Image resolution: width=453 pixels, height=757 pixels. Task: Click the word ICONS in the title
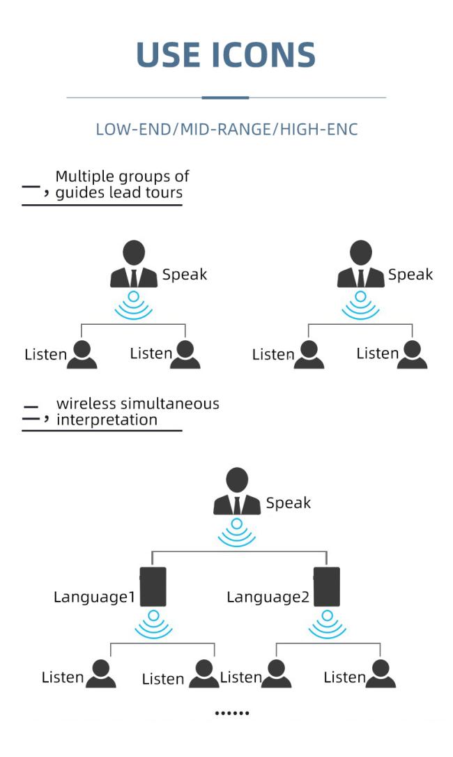pos(263,54)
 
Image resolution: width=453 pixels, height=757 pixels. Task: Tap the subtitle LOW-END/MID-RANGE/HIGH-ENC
pos(227,130)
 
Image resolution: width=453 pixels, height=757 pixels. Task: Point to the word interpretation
pos(107,420)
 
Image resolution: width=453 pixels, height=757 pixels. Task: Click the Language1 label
pos(94,597)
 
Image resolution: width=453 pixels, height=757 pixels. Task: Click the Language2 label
pos(268,597)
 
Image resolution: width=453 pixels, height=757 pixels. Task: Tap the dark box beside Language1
pos(153,587)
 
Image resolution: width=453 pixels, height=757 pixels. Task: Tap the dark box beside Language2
pos(327,587)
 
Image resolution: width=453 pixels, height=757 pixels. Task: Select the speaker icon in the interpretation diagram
pos(237,491)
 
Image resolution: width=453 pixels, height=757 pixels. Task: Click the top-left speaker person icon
pos(134,264)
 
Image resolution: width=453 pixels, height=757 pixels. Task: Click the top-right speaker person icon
pos(361,264)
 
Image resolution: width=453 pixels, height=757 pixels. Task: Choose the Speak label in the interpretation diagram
pos(289,503)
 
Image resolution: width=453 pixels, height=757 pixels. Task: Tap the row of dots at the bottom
pos(232,712)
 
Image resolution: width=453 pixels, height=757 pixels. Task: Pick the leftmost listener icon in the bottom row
pos(100,673)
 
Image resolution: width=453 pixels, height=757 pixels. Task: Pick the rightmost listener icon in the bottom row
pos(381,673)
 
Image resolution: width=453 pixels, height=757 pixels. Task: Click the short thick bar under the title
pos(225,98)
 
